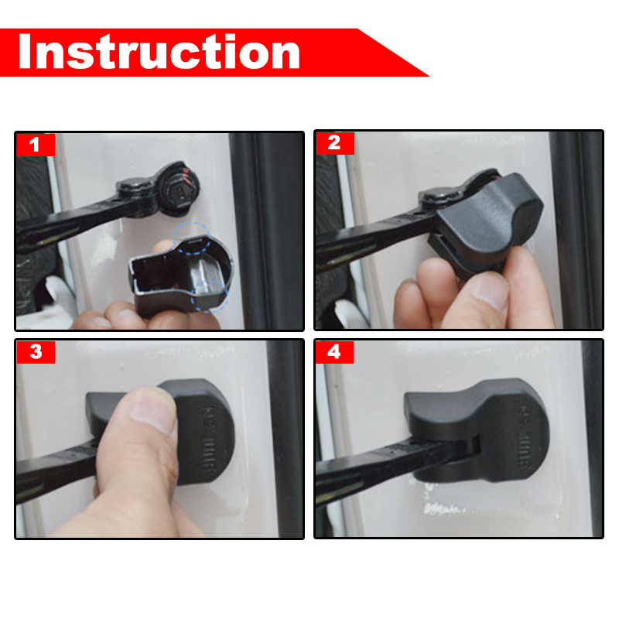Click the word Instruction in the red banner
(x=159, y=52)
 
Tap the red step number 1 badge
(x=35, y=144)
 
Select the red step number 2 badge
(x=334, y=143)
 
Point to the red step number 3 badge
(x=35, y=352)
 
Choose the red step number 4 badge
(x=334, y=352)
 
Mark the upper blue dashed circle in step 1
(x=192, y=240)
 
